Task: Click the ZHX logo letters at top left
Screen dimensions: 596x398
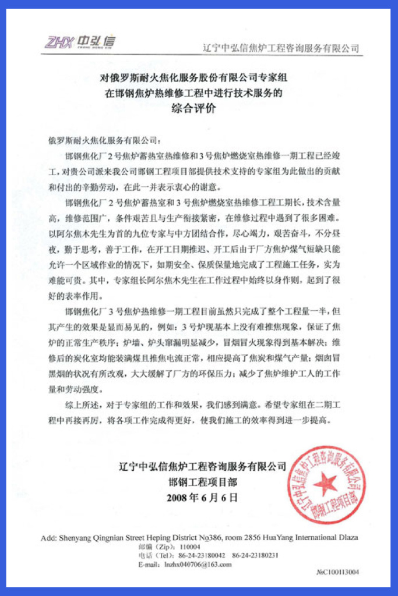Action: (58, 42)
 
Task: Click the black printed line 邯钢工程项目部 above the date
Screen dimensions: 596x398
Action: (202, 482)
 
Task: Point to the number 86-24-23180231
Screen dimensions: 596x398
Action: (256, 555)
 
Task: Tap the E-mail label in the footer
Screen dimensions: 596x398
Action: (149, 564)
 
